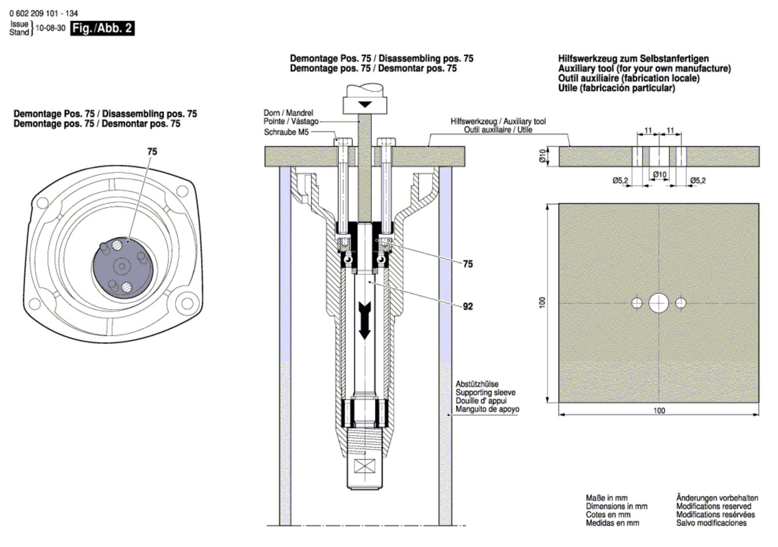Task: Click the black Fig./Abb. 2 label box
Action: (103, 28)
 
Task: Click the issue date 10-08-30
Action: (51, 28)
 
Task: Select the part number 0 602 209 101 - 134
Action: (44, 14)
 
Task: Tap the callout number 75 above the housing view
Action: (152, 152)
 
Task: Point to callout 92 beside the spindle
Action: (468, 307)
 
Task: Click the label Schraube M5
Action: (286, 132)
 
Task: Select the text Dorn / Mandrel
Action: (288, 113)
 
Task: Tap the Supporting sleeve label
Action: (485, 393)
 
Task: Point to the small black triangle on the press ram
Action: (365, 104)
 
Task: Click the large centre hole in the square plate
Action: (658, 303)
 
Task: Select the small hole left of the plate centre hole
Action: (637, 303)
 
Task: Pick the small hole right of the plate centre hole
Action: (681, 303)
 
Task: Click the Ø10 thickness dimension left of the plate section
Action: (545, 156)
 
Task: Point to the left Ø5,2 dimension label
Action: (620, 181)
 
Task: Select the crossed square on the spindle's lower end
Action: (364, 466)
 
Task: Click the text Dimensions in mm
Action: (617, 506)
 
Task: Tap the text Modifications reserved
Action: (713, 506)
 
